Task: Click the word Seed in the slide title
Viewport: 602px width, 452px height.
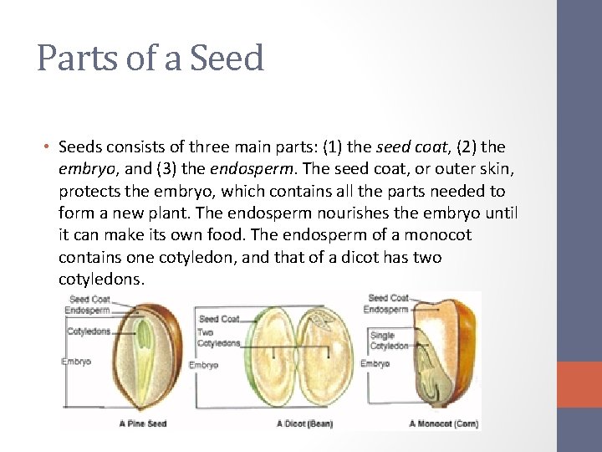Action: tap(227, 59)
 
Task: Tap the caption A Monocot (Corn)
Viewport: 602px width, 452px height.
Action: tap(443, 424)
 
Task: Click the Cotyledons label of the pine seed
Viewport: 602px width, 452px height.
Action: tap(89, 331)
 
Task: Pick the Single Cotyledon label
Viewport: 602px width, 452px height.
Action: tap(389, 341)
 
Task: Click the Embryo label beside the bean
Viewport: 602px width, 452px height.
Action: tap(203, 365)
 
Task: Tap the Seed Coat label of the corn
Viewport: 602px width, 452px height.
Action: tap(388, 298)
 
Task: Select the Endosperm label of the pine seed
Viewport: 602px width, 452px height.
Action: tap(87, 311)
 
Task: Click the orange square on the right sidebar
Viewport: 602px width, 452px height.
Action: tap(579, 384)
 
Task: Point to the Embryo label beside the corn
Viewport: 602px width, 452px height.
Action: tap(375, 364)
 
